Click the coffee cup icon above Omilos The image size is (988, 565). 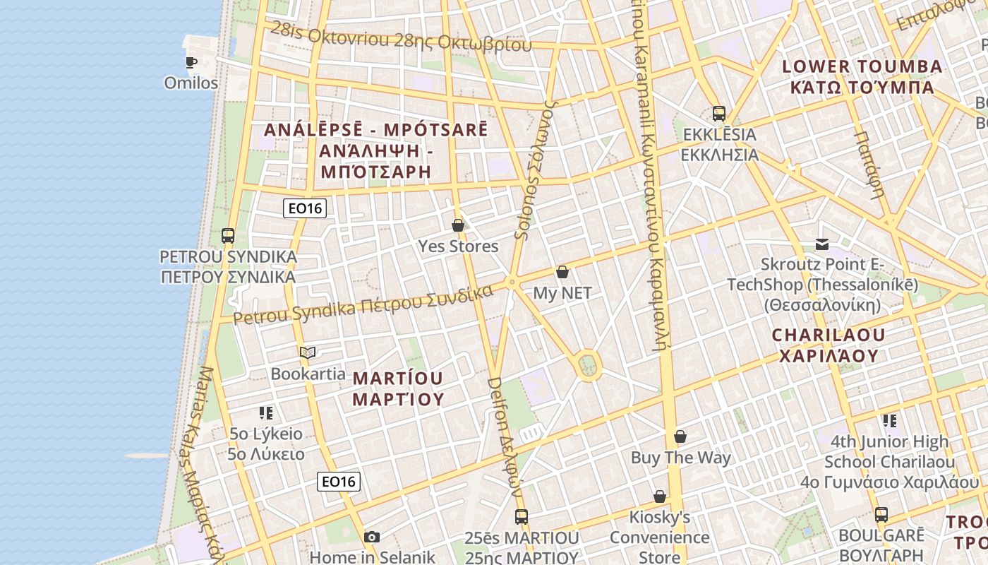pos(191,62)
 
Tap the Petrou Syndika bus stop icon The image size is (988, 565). pos(227,235)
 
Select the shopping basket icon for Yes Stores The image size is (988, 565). pos(458,225)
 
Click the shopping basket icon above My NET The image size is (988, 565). pos(562,271)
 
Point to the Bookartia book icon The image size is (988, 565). pos(307,352)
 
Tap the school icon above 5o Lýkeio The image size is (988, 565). pos(266,412)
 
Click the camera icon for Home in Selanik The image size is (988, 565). pos(372,537)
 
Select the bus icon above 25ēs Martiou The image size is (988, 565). pos(522,517)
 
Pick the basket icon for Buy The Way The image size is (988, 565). pos(680,436)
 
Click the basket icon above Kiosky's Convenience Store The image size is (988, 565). pos(660,496)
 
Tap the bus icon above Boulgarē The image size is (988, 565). pos(881,514)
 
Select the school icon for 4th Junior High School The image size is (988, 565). pos(890,421)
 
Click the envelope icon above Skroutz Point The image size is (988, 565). pos(822,244)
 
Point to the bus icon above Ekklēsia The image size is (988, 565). pos(719,113)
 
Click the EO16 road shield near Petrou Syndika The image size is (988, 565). pos(305,208)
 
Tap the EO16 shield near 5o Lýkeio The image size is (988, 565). pos(339,482)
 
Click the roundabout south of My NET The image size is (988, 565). pos(588,365)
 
